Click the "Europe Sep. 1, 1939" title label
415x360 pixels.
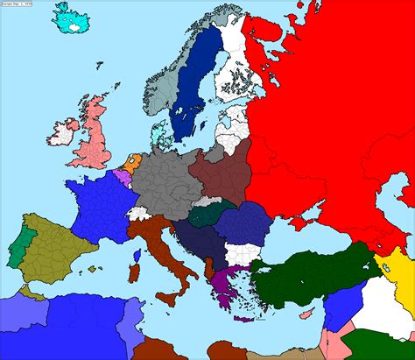pos(17,4)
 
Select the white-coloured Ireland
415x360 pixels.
pos(63,134)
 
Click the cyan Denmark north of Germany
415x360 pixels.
pos(158,137)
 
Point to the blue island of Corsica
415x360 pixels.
pos(137,255)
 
